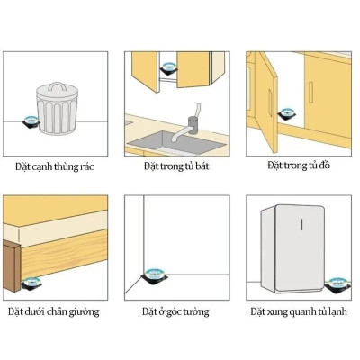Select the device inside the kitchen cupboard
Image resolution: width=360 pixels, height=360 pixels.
[167, 68]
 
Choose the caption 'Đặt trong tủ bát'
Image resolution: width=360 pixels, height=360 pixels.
[175, 167]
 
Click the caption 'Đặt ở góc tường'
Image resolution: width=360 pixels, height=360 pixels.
[175, 311]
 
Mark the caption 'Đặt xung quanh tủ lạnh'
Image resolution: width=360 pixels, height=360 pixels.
[300, 311]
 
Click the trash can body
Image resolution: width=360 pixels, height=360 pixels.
[57, 117]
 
